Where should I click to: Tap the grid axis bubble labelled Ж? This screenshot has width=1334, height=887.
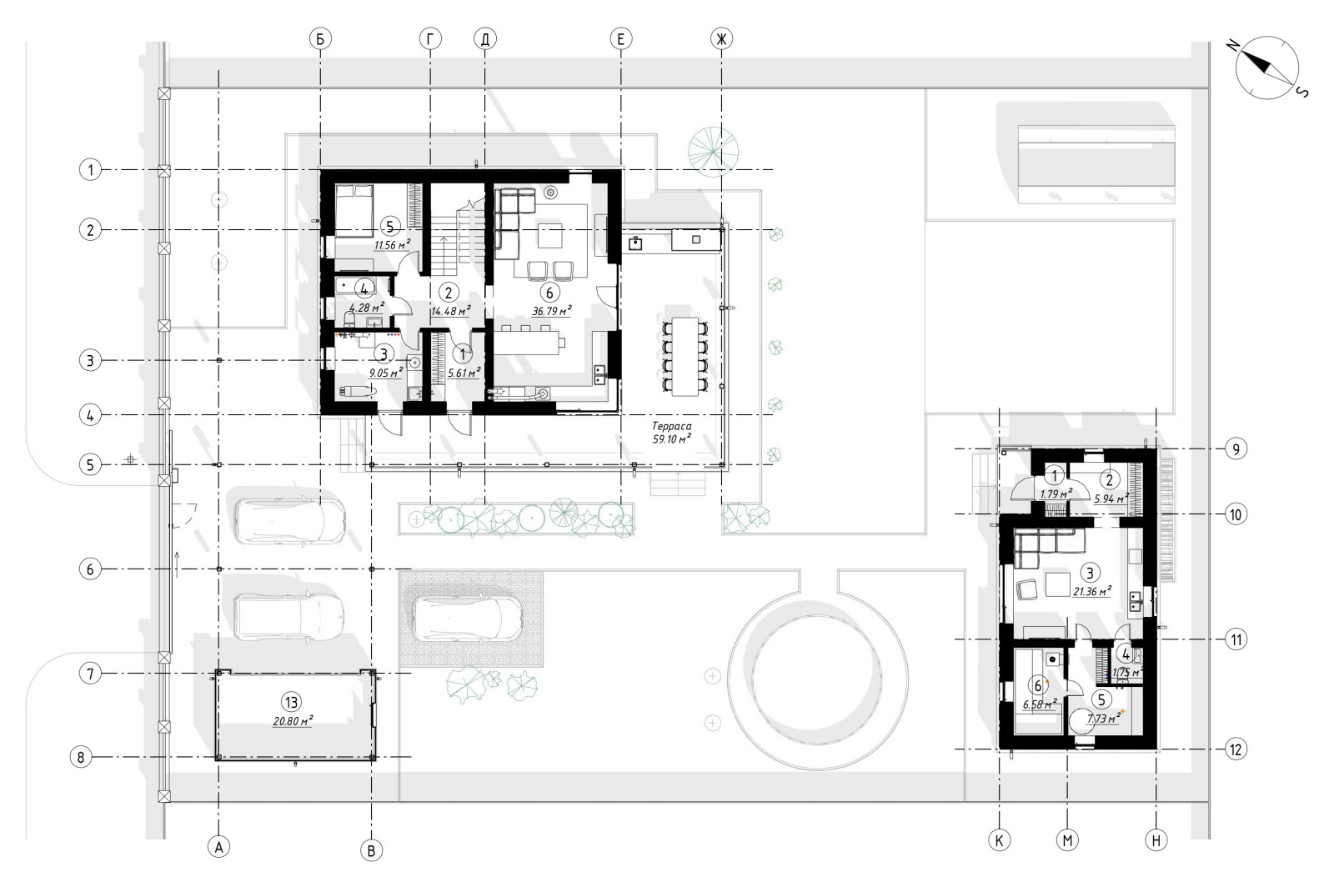pyautogui.click(x=722, y=39)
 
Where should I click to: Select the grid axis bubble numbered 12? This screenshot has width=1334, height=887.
pyautogui.click(x=1236, y=749)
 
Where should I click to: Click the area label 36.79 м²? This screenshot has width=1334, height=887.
pyautogui.click(x=551, y=311)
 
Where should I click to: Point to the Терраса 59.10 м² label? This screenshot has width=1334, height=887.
pyautogui.click(x=672, y=433)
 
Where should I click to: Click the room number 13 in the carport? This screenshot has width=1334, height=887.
pyautogui.click(x=291, y=703)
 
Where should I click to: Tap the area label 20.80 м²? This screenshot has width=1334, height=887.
pyautogui.click(x=293, y=721)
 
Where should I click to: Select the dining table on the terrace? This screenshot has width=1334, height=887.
pyautogui.click(x=685, y=357)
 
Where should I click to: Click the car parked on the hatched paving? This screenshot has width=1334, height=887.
pyautogui.click(x=468, y=619)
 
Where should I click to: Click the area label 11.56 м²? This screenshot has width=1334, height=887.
pyautogui.click(x=392, y=245)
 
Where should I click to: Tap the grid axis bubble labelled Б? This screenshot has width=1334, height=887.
pyautogui.click(x=320, y=39)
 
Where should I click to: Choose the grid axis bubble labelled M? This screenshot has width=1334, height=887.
pyautogui.click(x=1067, y=840)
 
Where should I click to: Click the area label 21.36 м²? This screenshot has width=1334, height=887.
pyautogui.click(x=1092, y=592)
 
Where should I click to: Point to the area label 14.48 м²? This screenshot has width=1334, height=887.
pyautogui.click(x=451, y=311)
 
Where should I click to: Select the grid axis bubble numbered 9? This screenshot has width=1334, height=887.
pyautogui.click(x=1236, y=449)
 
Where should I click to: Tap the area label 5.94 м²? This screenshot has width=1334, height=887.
pyautogui.click(x=1111, y=499)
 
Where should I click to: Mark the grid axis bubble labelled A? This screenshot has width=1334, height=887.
pyautogui.click(x=219, y=847)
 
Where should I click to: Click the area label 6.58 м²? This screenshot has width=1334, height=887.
pyautogui.click(x=1040, y=704)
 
